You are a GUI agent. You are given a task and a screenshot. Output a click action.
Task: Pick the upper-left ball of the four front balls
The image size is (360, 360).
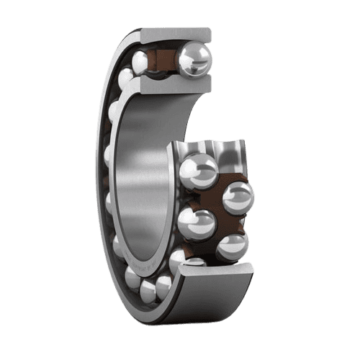pos(198,171)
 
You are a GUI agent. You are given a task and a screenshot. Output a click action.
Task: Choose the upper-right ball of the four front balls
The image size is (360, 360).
pos(238,197)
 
